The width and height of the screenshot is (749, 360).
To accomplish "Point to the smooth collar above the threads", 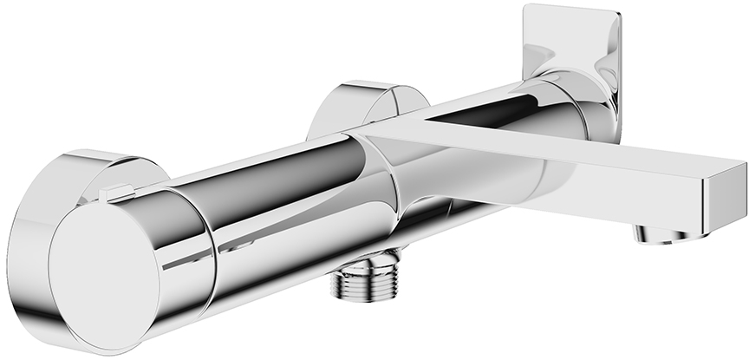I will (x=368, y=259).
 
